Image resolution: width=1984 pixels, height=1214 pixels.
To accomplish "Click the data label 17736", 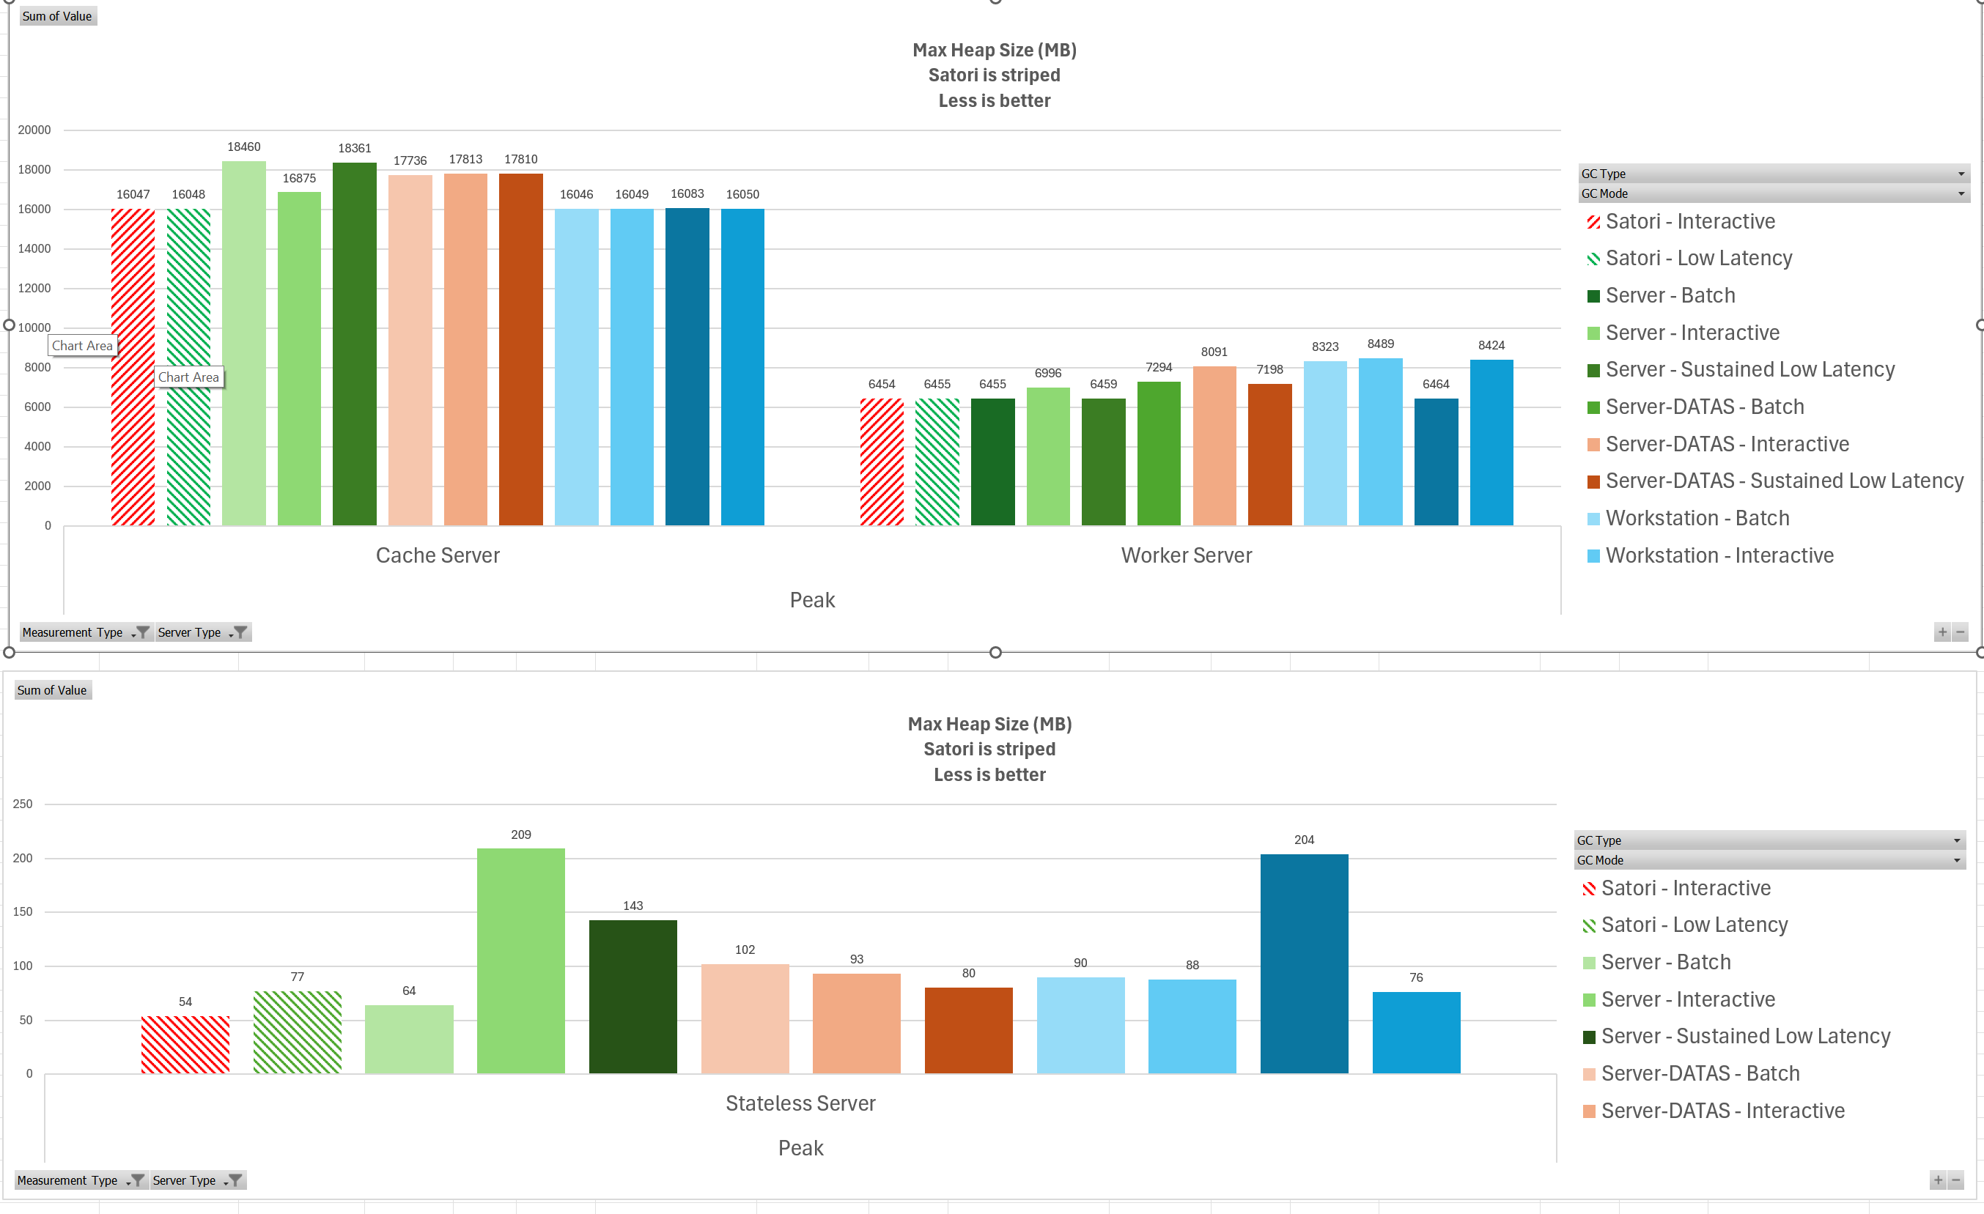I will pos(410,161).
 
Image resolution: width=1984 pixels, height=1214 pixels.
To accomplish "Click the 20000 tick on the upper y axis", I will pos(34,130).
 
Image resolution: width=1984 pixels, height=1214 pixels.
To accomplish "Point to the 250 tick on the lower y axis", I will pos(23,804).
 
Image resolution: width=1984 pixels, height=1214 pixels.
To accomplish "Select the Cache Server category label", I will pos(438,555).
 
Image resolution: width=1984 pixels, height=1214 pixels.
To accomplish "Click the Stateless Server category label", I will pos(800,1103).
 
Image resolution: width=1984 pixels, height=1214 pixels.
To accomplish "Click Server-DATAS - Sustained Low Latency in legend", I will pos(1783,481).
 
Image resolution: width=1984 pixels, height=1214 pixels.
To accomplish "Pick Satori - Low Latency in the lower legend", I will pos(1693,925).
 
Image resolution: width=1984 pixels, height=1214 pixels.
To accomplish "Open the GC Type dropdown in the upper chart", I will pos(1961,174).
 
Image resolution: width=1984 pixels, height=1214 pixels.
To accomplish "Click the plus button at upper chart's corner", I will pos(1941,633).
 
